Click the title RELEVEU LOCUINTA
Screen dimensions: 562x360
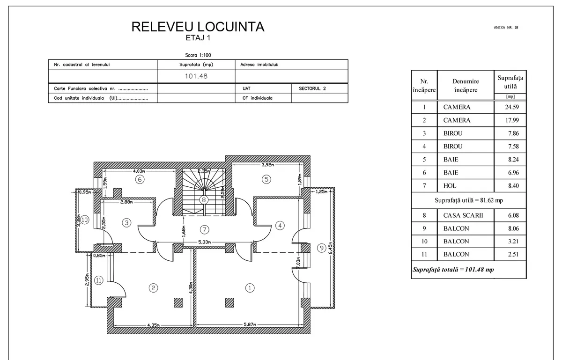point(198,27)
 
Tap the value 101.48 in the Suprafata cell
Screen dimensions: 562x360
point(196,76)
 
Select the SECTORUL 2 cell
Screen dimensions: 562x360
point(312,88)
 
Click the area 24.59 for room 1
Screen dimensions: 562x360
point(512,107)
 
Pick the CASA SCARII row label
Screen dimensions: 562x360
point(463,215)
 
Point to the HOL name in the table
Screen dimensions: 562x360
point(450,186)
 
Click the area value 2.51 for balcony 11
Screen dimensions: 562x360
point(513,254)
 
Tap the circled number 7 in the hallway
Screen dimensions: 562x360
point(205,229)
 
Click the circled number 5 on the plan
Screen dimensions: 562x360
point(266,179)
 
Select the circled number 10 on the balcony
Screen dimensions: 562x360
point(85,220)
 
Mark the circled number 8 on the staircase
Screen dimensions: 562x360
point(204,200)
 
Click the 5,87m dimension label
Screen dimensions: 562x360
point(250,324)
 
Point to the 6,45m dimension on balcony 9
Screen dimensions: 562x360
point(331,248)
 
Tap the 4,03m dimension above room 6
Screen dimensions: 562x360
point(139,171)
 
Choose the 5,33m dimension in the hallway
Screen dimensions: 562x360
point(205,242)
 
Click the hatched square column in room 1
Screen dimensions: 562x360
point(229,302)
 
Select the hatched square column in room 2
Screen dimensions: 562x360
point(178,302)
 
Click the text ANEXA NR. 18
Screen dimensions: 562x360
point(506,28)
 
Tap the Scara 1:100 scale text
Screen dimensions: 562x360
point(198,55)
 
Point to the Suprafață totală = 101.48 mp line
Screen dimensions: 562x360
point(453,270)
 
